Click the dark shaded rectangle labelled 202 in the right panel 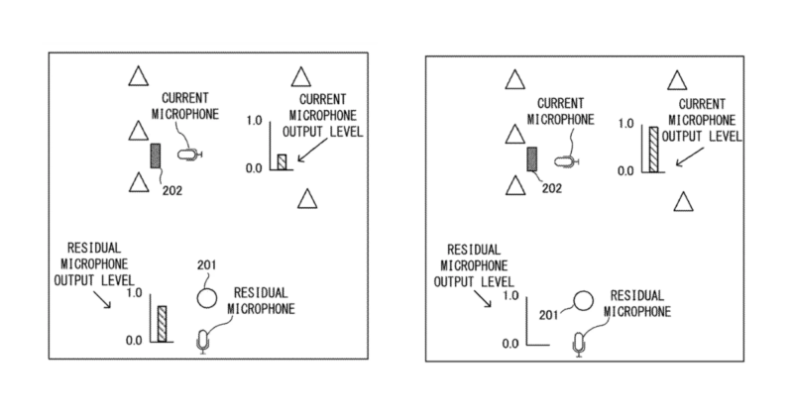(532, 160)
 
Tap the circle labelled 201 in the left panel (207, 295)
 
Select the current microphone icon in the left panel (188, 155)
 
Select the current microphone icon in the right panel (566, 160)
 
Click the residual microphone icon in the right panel (581, 344)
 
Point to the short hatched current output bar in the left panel (282, 161)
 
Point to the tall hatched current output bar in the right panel (653, 149)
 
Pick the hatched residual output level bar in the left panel (162, 323)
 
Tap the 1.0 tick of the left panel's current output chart (252, 122)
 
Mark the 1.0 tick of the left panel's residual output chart (134, 294)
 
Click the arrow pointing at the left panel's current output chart (311, 149)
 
